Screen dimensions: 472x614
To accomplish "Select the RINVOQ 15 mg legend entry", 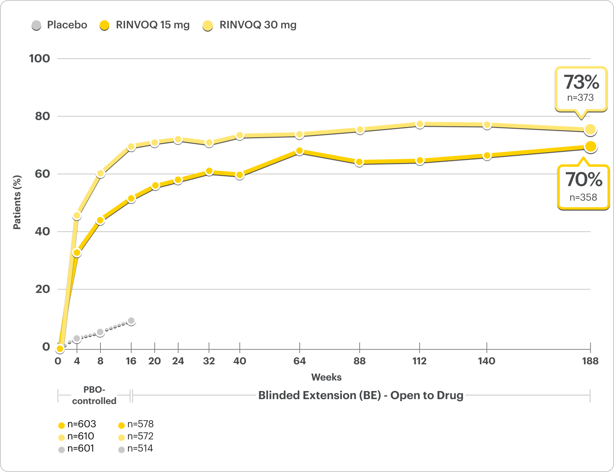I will click(x=145, y=25).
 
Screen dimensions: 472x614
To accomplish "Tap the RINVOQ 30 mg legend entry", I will click(x=249, y=25).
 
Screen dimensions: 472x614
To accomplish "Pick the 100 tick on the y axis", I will click(x=40, y=58).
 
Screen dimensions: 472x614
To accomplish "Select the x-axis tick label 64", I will click(x=299, y=361).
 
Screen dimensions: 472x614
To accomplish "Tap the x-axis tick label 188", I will click(x=590, y=361).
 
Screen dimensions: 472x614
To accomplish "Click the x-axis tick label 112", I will click(x=420, y=361).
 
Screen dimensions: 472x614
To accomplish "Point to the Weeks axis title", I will click(x=326, y=377).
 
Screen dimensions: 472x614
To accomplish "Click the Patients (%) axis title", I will click(x=17, y=202).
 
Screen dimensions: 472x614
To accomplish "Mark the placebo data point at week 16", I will click(x=131, y=321).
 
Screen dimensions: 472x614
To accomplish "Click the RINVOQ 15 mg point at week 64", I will click(x=299, y=151).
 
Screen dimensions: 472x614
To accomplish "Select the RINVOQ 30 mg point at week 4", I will click(x=77, y=216).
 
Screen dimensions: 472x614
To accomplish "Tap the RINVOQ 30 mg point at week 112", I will click(x=420, y=124).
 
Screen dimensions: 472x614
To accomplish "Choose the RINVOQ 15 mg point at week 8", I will click(x=100, y=220).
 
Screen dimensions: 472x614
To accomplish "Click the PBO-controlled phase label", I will click(x=94, y=395).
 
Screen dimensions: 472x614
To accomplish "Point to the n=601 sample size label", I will click(x=81, y=449).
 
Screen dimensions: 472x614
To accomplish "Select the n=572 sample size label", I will click(x=140, y=436).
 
